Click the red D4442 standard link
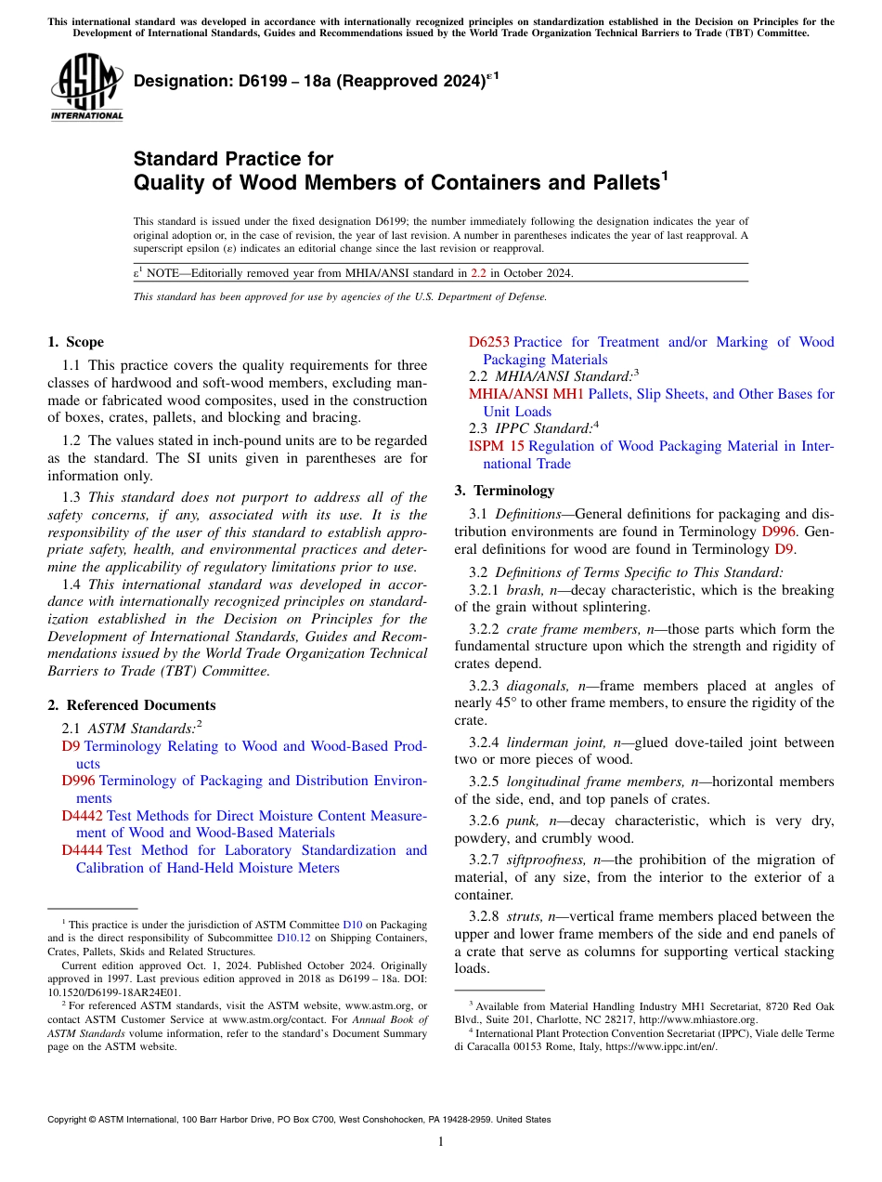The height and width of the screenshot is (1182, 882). tap(83, 816)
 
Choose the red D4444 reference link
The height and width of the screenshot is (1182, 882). tap(83, 850)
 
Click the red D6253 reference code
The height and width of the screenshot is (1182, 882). tap(488, 342)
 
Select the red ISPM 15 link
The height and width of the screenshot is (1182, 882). tap(497, 446)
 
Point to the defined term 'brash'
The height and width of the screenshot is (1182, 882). tap(525, 590)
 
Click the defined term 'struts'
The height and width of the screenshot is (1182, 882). tap(525, 916)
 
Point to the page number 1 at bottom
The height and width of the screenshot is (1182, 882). tap(441, 1142)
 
